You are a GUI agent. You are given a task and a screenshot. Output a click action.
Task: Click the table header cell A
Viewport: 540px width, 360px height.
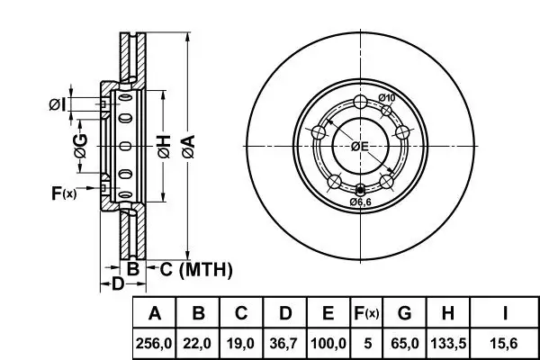(155, 314)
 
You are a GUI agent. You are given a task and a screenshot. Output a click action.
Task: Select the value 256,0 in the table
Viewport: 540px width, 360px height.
(155, 343)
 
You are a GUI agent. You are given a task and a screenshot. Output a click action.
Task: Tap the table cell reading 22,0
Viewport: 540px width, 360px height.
(198, 343)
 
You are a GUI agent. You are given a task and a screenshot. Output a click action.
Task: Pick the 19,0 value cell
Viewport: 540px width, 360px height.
(241, 343)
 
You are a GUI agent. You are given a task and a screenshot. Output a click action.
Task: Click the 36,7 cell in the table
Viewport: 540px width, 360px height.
(284, 343)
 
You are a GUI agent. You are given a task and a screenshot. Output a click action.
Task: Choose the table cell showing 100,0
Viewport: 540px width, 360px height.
(328, 343)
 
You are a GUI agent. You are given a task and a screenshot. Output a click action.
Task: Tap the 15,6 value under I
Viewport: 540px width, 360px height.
(505, 343)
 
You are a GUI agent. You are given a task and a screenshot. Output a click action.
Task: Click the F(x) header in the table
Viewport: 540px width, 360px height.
(365, 314)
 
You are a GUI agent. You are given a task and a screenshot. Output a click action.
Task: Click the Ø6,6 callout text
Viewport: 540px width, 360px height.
(362, 202)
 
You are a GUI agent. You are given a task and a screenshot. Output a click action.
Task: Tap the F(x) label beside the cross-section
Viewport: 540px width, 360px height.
(63, 192)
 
